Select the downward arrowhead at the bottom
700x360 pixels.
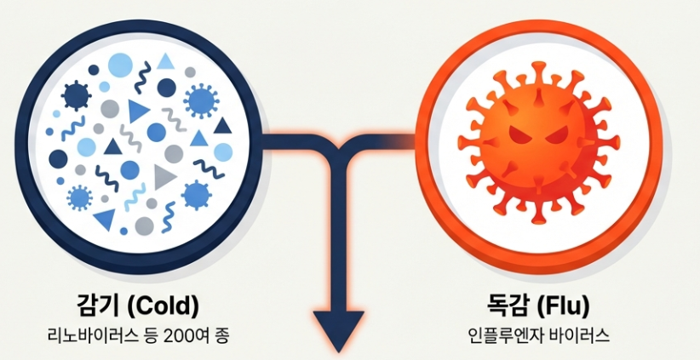point(340,328)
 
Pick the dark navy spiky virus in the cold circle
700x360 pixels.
point(76,95)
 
